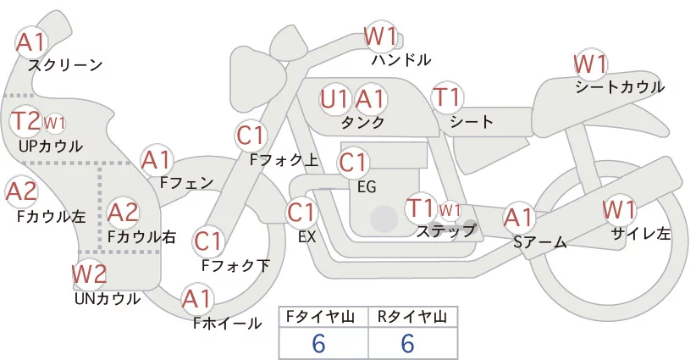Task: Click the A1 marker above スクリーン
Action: tap(31, 42)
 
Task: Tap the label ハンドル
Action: tap(401, 59)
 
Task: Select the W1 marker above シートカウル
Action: tap(590, 64)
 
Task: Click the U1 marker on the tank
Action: tap(335, 99)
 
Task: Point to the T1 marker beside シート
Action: tap(447, 97)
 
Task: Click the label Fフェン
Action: tap(186, 182)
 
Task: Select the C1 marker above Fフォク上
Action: tap(251, 136)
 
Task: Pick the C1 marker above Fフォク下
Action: tap(208, 242)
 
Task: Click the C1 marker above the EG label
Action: tap(353, 163)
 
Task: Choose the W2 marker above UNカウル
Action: tap(89, 274)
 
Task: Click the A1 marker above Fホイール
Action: tap(197, 300)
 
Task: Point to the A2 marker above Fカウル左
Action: tap(21, 192)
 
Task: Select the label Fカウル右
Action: tap(141, 237)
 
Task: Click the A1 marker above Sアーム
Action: tap(519, 218)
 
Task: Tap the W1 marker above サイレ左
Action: tap(619, 209)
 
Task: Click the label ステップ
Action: tap(445, 232)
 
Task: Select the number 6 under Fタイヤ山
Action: tap(318, 344)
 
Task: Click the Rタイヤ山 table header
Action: tap(412, 317)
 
